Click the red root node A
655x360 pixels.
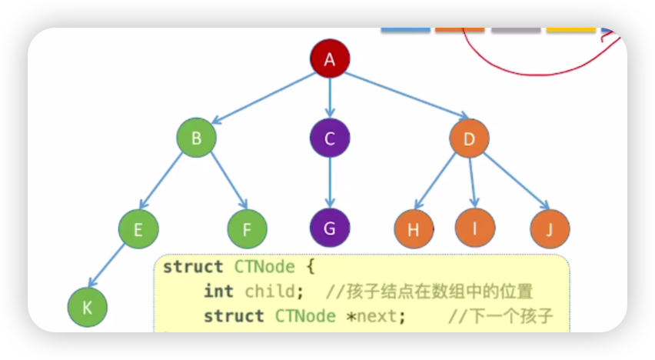[x=330, y=60]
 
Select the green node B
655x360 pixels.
[x=196, y=138]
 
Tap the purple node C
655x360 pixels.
[x=330, y=138]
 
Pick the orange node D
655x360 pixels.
[x=469, y=138]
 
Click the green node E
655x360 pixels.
[x=138, y=228]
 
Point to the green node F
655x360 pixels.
[x=248, y=228]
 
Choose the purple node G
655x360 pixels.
[x=330, y=228]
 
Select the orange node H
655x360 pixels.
[x=414, y=229]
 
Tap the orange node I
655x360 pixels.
[x=474, y=227]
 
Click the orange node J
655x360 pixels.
[x=550, y=228]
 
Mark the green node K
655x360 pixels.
[x=87, y=307]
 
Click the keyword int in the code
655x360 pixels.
[x=219, y=292]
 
